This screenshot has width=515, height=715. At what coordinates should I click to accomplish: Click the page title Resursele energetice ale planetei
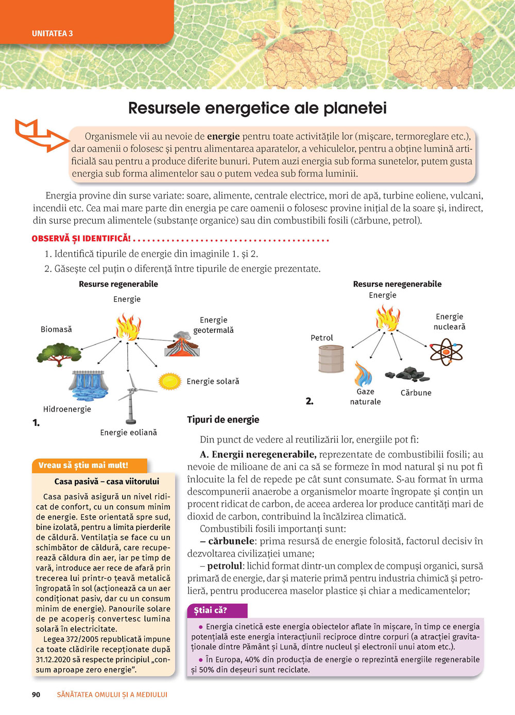(x=257, y=109)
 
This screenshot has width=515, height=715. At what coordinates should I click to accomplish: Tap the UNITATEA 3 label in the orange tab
(x=53, y=33)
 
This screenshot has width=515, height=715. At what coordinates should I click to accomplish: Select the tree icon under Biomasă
(x=59, y=354)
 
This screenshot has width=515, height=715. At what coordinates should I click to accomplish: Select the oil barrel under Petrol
(x=331, y=359)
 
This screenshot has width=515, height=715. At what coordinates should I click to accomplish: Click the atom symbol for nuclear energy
(x=446, y=352)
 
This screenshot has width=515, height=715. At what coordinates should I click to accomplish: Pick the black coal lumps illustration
(x=408, y=374)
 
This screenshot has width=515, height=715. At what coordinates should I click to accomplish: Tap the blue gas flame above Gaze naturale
(x=364, y=374)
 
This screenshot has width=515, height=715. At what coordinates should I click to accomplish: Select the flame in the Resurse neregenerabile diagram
(x=388, y=318)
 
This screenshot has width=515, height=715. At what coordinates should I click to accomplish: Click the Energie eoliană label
(x=128, y=433)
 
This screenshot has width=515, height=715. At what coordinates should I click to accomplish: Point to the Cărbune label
(x=416, y=393)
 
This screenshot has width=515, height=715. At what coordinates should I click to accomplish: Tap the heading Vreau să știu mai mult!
(x=83, y=465)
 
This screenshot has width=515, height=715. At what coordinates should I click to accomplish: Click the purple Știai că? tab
(x=211, y=611)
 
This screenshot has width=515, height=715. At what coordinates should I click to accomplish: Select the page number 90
(x=36, y=694)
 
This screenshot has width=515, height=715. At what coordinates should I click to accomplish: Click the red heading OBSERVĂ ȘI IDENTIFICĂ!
(x=81, y=239)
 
